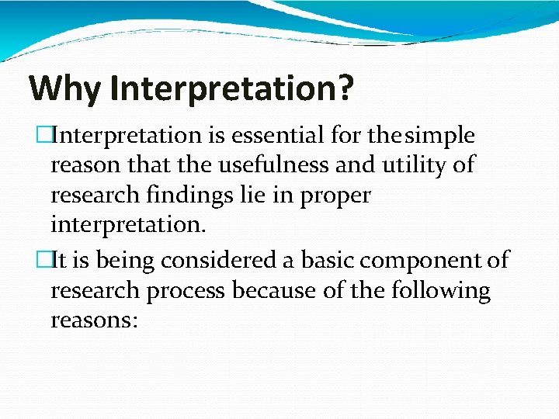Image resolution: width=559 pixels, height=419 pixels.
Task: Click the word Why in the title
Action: [64, 88]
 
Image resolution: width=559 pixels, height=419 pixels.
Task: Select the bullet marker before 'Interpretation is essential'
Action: [43, 136]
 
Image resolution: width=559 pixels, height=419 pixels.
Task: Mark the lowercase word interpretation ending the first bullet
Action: [127, 226]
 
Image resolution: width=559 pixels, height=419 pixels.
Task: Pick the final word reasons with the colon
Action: [94, 320]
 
